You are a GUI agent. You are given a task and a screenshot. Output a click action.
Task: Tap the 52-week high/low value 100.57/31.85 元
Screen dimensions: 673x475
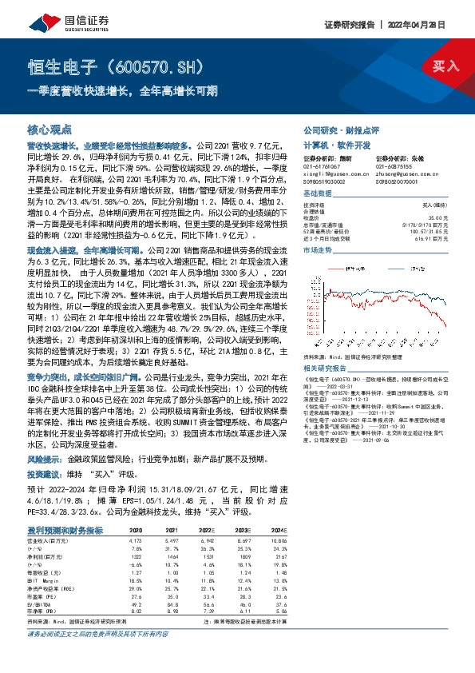click(x=428, y=232)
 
